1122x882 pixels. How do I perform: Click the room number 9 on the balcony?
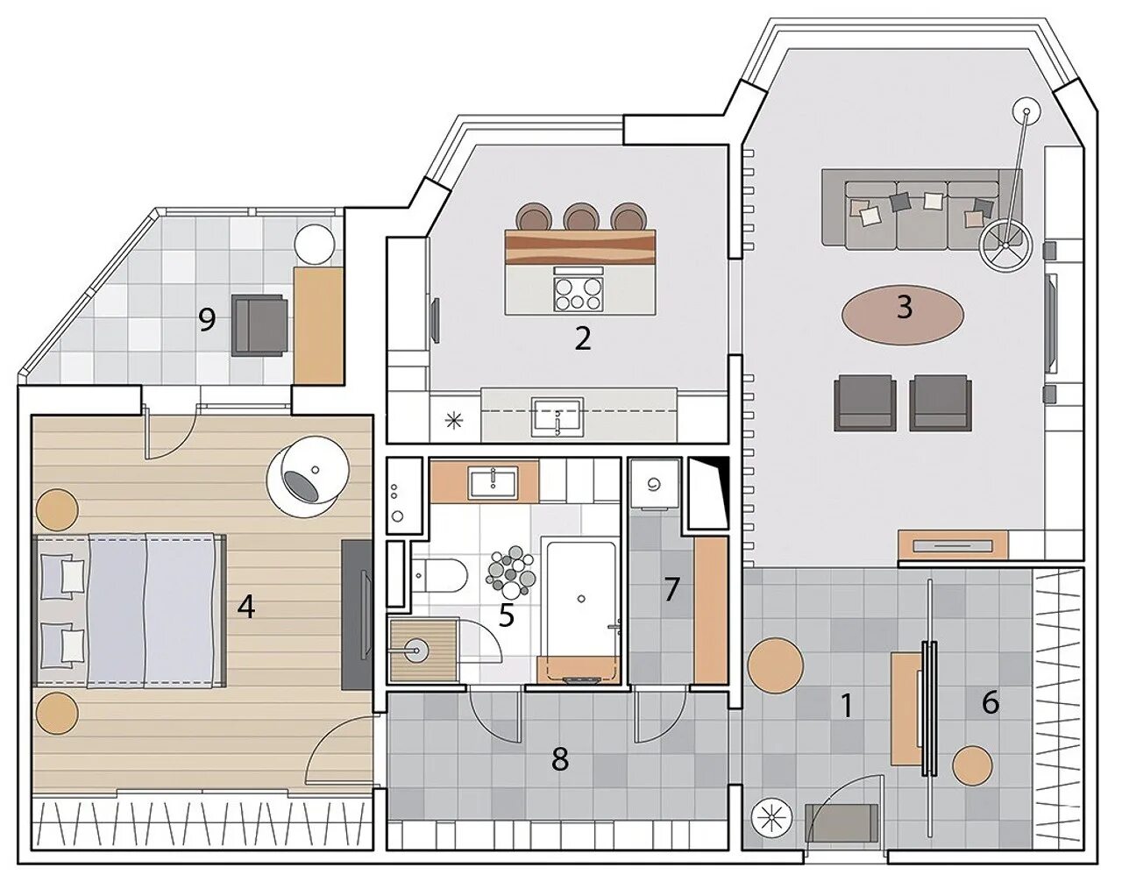tap(206, 321)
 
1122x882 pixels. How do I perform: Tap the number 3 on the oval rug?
tap(904, 309)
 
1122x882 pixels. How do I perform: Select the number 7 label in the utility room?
tap(671, 590)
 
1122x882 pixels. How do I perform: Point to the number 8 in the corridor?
tap(560, 759)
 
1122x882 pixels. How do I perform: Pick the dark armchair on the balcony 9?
tap(259, 325)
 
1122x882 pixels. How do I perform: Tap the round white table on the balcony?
tap(314, 245)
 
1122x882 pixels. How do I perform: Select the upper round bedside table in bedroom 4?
tap(57, 509)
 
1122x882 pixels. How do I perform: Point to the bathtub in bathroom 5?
tap(581, 608)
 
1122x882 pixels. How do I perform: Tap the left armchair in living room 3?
tap(864, 402)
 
